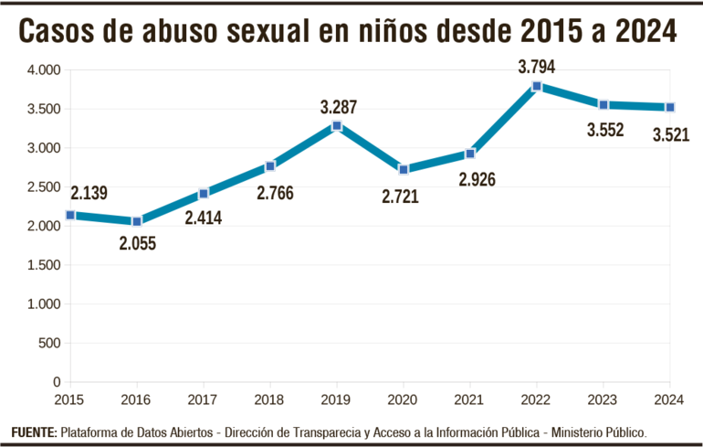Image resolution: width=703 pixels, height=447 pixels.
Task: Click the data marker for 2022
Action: click(537, 86)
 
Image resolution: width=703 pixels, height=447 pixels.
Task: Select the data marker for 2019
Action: click(337, 125)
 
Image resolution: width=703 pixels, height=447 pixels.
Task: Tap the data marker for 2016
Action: click(137, 221)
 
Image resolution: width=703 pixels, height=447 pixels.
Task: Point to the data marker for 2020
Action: click(404, 169)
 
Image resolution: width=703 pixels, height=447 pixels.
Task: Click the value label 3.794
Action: click(536, 67)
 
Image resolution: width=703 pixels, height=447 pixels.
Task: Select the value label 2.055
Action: click(137, 244)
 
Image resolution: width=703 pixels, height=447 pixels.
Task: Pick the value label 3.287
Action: click(338, 107)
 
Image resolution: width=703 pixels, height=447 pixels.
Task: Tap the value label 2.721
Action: click(400, 196)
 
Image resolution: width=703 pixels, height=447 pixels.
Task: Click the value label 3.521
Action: click(670, 135)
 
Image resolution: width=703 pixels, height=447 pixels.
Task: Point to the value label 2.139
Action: click(88, 192)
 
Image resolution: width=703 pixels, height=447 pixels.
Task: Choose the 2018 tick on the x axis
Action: click(270, 399)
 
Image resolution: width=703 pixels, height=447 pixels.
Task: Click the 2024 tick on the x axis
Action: click(670, 399)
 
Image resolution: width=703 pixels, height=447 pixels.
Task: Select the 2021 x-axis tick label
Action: click(470, 399)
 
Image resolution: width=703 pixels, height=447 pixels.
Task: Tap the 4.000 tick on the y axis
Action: click(44, 69)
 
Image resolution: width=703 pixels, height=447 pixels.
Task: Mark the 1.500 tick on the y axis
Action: click(44, 265)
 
